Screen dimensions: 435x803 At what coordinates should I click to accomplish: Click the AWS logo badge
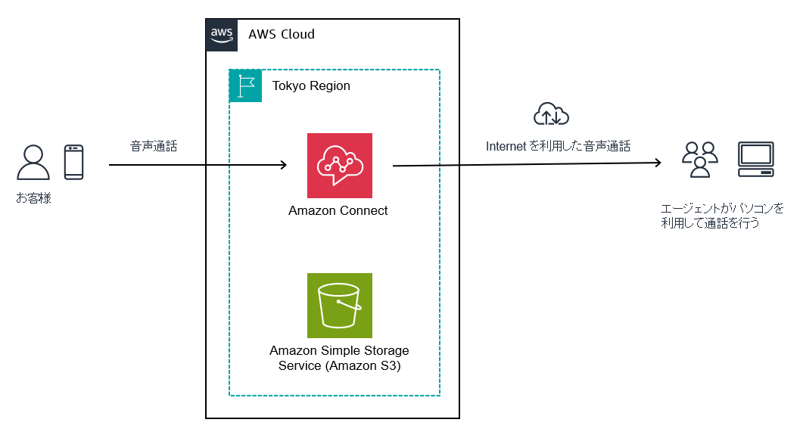[221, 35]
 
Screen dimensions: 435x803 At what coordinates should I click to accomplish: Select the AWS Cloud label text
[281, 35]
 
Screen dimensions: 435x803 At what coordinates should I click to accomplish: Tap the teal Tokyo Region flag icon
[245, 85]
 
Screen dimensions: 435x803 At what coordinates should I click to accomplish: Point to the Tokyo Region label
[311, 86]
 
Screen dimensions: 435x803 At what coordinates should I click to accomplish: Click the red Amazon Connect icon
[340, 166]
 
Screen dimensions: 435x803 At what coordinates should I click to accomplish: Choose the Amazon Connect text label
[338, 211]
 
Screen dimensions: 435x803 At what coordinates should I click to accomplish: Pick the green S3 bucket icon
[340, 306]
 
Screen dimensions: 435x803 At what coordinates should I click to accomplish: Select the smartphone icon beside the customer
[73, 162]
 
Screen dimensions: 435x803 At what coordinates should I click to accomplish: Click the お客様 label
[33, 199]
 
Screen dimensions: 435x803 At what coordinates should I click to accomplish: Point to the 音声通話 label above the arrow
[154, 147]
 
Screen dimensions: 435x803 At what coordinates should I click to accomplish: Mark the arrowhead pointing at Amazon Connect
[283, 165]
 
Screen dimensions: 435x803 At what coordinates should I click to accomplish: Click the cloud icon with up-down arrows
[551, 114]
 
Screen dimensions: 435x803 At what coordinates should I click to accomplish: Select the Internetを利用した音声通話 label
[558, 146]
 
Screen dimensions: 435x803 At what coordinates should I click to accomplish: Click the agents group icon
[699, 159]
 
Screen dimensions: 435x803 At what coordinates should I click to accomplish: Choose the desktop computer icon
[755, 159]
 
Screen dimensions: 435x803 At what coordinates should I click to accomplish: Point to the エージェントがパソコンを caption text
[723, 208]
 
